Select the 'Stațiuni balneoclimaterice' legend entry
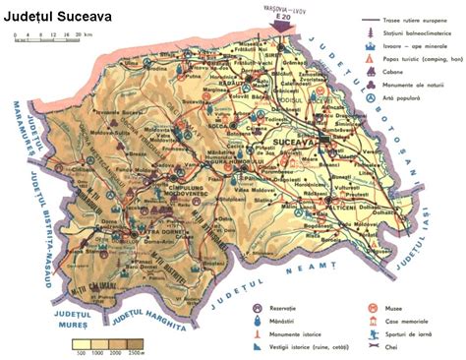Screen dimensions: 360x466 point(412,33)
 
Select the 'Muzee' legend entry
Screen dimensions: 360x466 point(389,307)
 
